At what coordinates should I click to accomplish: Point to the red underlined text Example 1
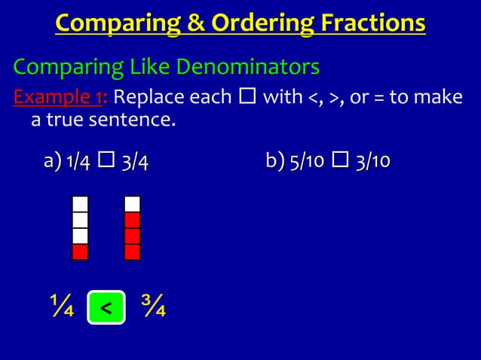[60, 98]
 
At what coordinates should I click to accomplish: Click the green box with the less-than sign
[106, 307]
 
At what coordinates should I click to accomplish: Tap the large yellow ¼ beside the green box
[62, 307]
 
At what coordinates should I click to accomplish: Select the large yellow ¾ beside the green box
[154, 307]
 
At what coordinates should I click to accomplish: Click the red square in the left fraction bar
[80, 252]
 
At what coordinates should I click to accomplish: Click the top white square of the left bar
[80, 204]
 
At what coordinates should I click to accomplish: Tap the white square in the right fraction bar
[132, 204]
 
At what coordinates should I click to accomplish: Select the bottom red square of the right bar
[132, 252]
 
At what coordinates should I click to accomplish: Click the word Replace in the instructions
[146, 98]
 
